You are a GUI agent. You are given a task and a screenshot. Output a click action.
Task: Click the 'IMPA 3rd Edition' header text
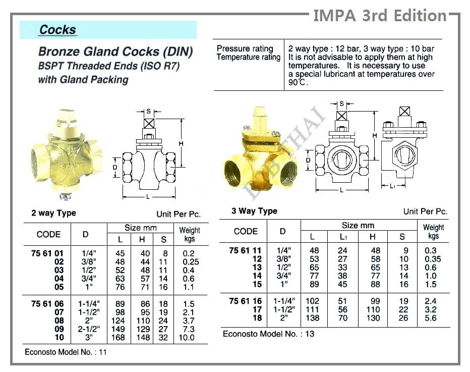click(380, 16)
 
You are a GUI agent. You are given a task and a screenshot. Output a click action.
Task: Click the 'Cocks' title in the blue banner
click(57, 30)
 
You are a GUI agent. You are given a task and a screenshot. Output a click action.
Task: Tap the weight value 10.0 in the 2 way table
click(186, 337)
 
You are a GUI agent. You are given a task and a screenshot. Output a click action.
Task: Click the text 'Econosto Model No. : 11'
click(66, 352)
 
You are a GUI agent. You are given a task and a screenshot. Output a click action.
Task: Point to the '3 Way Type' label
click(254, 211)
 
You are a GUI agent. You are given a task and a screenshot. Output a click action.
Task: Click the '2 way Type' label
click(53, 213)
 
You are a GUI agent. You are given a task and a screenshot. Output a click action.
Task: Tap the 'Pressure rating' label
click(245, 48)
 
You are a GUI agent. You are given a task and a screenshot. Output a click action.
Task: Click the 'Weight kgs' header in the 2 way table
click(190, 234)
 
